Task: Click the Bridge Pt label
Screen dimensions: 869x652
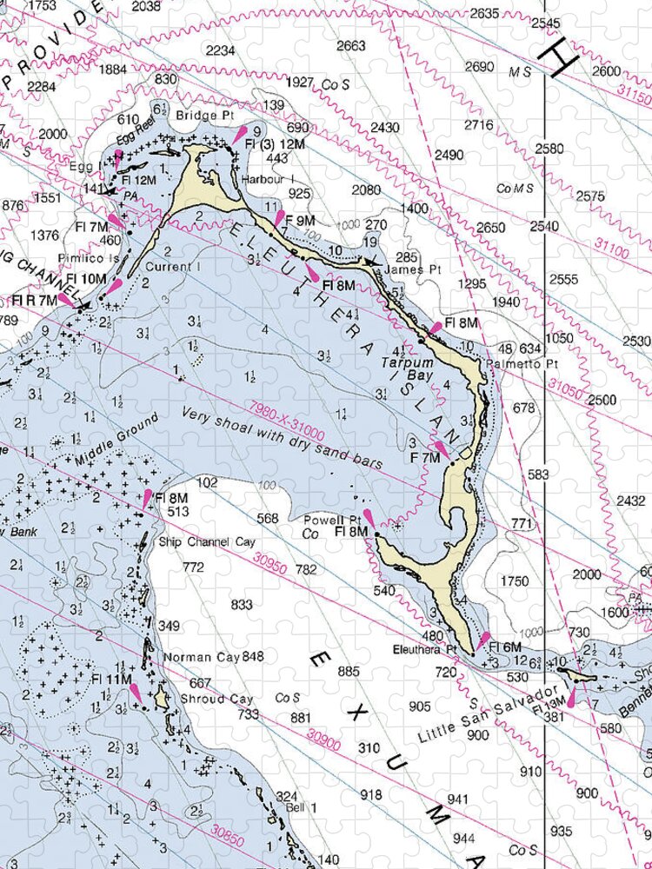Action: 199,114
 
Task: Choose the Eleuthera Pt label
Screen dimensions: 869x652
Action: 424,648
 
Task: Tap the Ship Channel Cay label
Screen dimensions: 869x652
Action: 207,541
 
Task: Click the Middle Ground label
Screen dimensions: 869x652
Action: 117,439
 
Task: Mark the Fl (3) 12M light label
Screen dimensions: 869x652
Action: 274,143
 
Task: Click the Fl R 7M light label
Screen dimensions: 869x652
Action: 34,300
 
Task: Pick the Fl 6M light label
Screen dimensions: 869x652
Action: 505,647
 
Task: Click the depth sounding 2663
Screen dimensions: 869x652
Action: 350,46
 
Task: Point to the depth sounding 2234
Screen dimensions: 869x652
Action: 220,50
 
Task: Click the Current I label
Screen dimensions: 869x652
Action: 171,267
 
